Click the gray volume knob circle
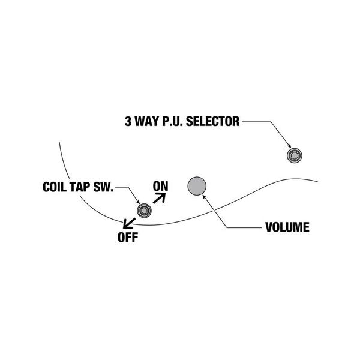[x=196, y=187]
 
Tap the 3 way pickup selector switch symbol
[x=294, y=155]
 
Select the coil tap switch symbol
[x=144, y=210]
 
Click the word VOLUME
[x=287, y=228]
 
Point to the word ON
[x=160, y=186]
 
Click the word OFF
[x=128, y=236]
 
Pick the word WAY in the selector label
[x=146, y=122]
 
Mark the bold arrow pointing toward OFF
[x=128, y=223]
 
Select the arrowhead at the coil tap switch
[x=139, y=202]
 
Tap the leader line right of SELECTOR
[x=255, y=122]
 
